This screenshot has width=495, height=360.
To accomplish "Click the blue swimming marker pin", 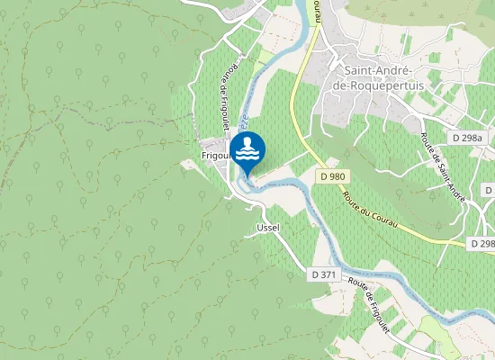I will pos(247,151).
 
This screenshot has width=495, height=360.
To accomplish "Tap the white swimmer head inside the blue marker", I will pos(247,143).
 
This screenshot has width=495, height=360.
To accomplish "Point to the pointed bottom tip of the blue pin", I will pos(247,176).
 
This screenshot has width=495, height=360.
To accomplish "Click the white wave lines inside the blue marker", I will pos(247,155).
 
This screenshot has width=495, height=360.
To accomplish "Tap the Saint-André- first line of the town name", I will pos(379,70).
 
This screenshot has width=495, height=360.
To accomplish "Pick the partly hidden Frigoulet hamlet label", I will pos(215,155).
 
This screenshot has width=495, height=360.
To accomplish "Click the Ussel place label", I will pos(268,227).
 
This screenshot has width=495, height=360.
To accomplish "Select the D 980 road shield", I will pos(332,176).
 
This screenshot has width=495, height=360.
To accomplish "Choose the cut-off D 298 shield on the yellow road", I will pos(483,244).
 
